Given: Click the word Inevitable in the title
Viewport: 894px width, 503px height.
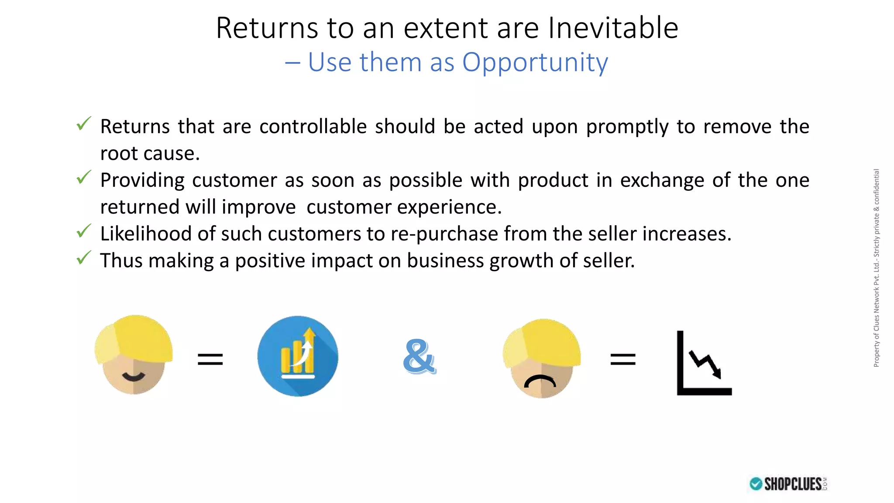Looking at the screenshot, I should [613, 28].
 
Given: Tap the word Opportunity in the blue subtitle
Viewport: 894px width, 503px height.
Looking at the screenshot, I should [535, 62].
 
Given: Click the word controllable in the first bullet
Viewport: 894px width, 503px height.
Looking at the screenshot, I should [313, 127].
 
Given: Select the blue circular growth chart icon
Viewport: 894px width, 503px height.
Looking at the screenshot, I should [298, 356].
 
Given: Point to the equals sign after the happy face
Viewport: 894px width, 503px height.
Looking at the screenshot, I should [210, 359].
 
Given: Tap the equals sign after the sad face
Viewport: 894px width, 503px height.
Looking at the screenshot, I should [623, 359].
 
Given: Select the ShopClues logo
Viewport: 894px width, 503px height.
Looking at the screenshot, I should [788, 484].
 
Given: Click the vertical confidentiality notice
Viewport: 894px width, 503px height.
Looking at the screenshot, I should [876, 268].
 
